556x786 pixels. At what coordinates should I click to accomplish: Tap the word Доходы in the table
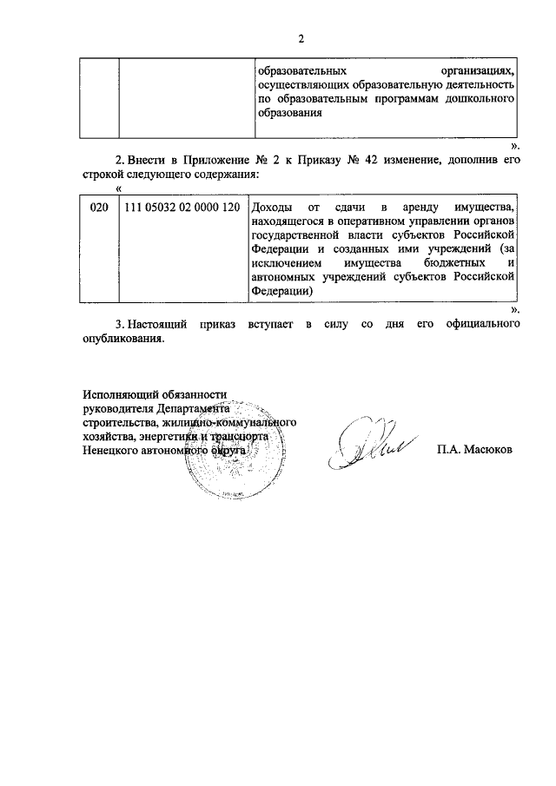click(x=273, y=208)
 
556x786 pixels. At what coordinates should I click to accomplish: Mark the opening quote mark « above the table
click(x=118, y=188)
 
